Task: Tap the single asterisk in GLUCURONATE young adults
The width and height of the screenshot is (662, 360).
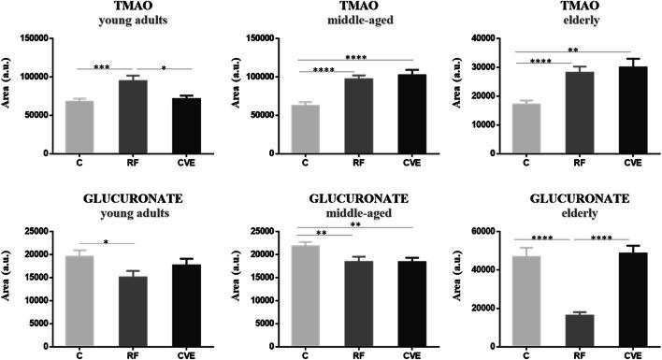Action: click(x=104, y=241)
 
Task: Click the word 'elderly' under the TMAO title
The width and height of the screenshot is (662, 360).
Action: click(x=580, y=21)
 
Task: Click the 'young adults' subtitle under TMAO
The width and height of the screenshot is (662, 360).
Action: click(x=130, y=21)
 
